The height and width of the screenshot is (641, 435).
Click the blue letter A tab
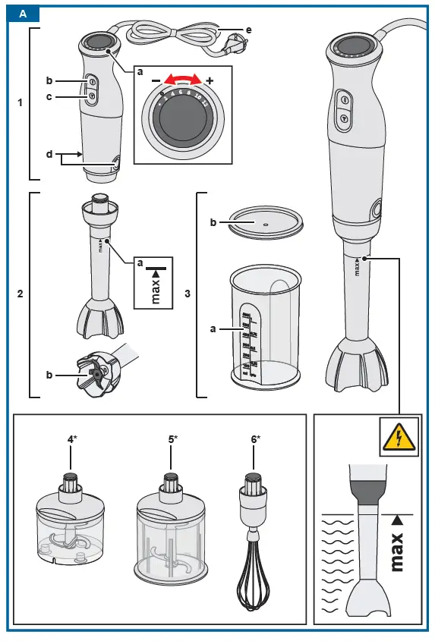(23, 14)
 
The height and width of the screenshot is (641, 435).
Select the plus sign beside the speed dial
(210, 80)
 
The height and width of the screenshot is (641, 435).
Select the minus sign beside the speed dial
(156, 80)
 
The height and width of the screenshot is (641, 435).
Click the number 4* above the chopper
(71, 439)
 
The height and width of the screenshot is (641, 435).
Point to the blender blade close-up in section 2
(96, 375)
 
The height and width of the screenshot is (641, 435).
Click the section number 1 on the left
(20, 103)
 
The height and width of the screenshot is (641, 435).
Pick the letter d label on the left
(49, 155)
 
